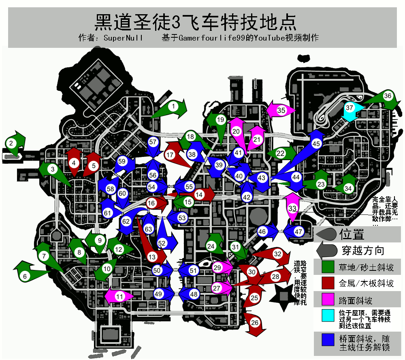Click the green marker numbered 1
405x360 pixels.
171,108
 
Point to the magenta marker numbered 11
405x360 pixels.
119,296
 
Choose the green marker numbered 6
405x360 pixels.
28,273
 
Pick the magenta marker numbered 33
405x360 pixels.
292,207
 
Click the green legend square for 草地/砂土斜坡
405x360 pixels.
328,267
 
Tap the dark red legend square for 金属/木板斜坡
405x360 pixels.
328,283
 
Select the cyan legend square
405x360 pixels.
328,315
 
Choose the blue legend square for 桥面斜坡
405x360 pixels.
328,340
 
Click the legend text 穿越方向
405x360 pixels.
363,251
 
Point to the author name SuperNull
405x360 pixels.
123,38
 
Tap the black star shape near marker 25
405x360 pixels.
283,297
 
